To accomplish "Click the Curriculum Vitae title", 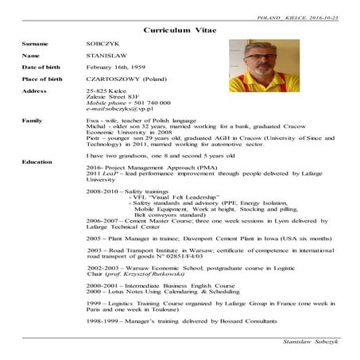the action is (x=180, y=29).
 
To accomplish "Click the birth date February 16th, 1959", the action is (x=120, y=69).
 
